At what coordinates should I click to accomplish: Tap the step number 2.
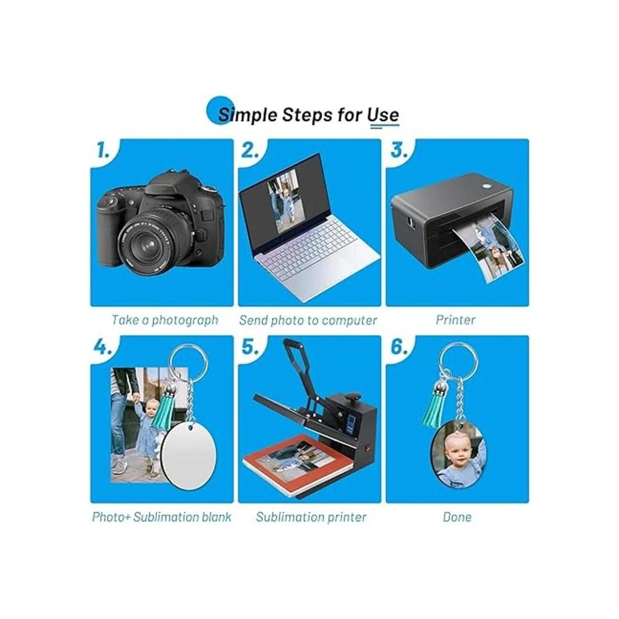tap(249, 151)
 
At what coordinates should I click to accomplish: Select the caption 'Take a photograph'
tap(165, 320)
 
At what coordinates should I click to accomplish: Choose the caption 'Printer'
tap(455, 320)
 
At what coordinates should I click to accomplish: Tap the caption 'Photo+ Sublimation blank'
tap(161, 517)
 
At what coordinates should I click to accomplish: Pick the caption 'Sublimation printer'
tap(311, 517)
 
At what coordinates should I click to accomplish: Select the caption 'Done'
tap(457, 517)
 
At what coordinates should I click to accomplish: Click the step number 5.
tap(249, 348)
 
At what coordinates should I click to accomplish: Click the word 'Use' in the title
tap(383, 115)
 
